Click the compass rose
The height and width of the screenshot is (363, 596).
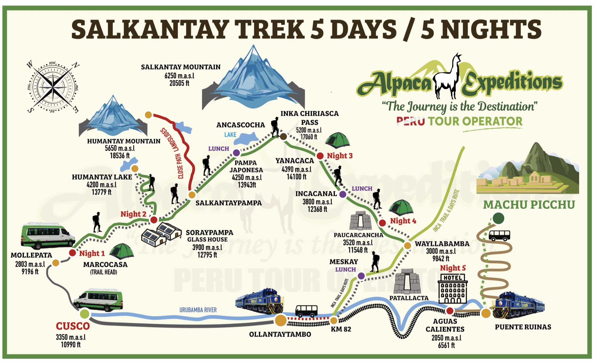[x=53, y=86]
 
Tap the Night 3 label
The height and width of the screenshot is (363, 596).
[x=339, y=156]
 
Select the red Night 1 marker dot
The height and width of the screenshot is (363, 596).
[x=72, y=253]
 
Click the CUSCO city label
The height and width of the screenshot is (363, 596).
[x=73, y=326]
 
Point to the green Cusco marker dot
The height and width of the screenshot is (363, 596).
[x=85, y=313]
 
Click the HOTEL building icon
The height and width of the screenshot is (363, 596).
[x=453, y=288]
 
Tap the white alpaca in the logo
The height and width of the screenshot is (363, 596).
[x=447, y=78]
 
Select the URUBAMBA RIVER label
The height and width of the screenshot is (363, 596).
[x=198, y=310]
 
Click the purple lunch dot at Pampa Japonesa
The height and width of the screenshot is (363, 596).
[x=236, y=153]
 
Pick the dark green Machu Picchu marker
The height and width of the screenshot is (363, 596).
[x=499, y=218]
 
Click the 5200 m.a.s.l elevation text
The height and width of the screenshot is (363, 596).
[x=309, y=130]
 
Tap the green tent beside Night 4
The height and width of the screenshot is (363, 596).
[x=401, y=208]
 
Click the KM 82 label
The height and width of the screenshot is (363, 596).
[x=341, y=329]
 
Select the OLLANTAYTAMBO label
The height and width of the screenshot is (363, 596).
[x=280, y=334]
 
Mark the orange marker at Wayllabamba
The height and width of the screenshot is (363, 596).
[x=407, y=246]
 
